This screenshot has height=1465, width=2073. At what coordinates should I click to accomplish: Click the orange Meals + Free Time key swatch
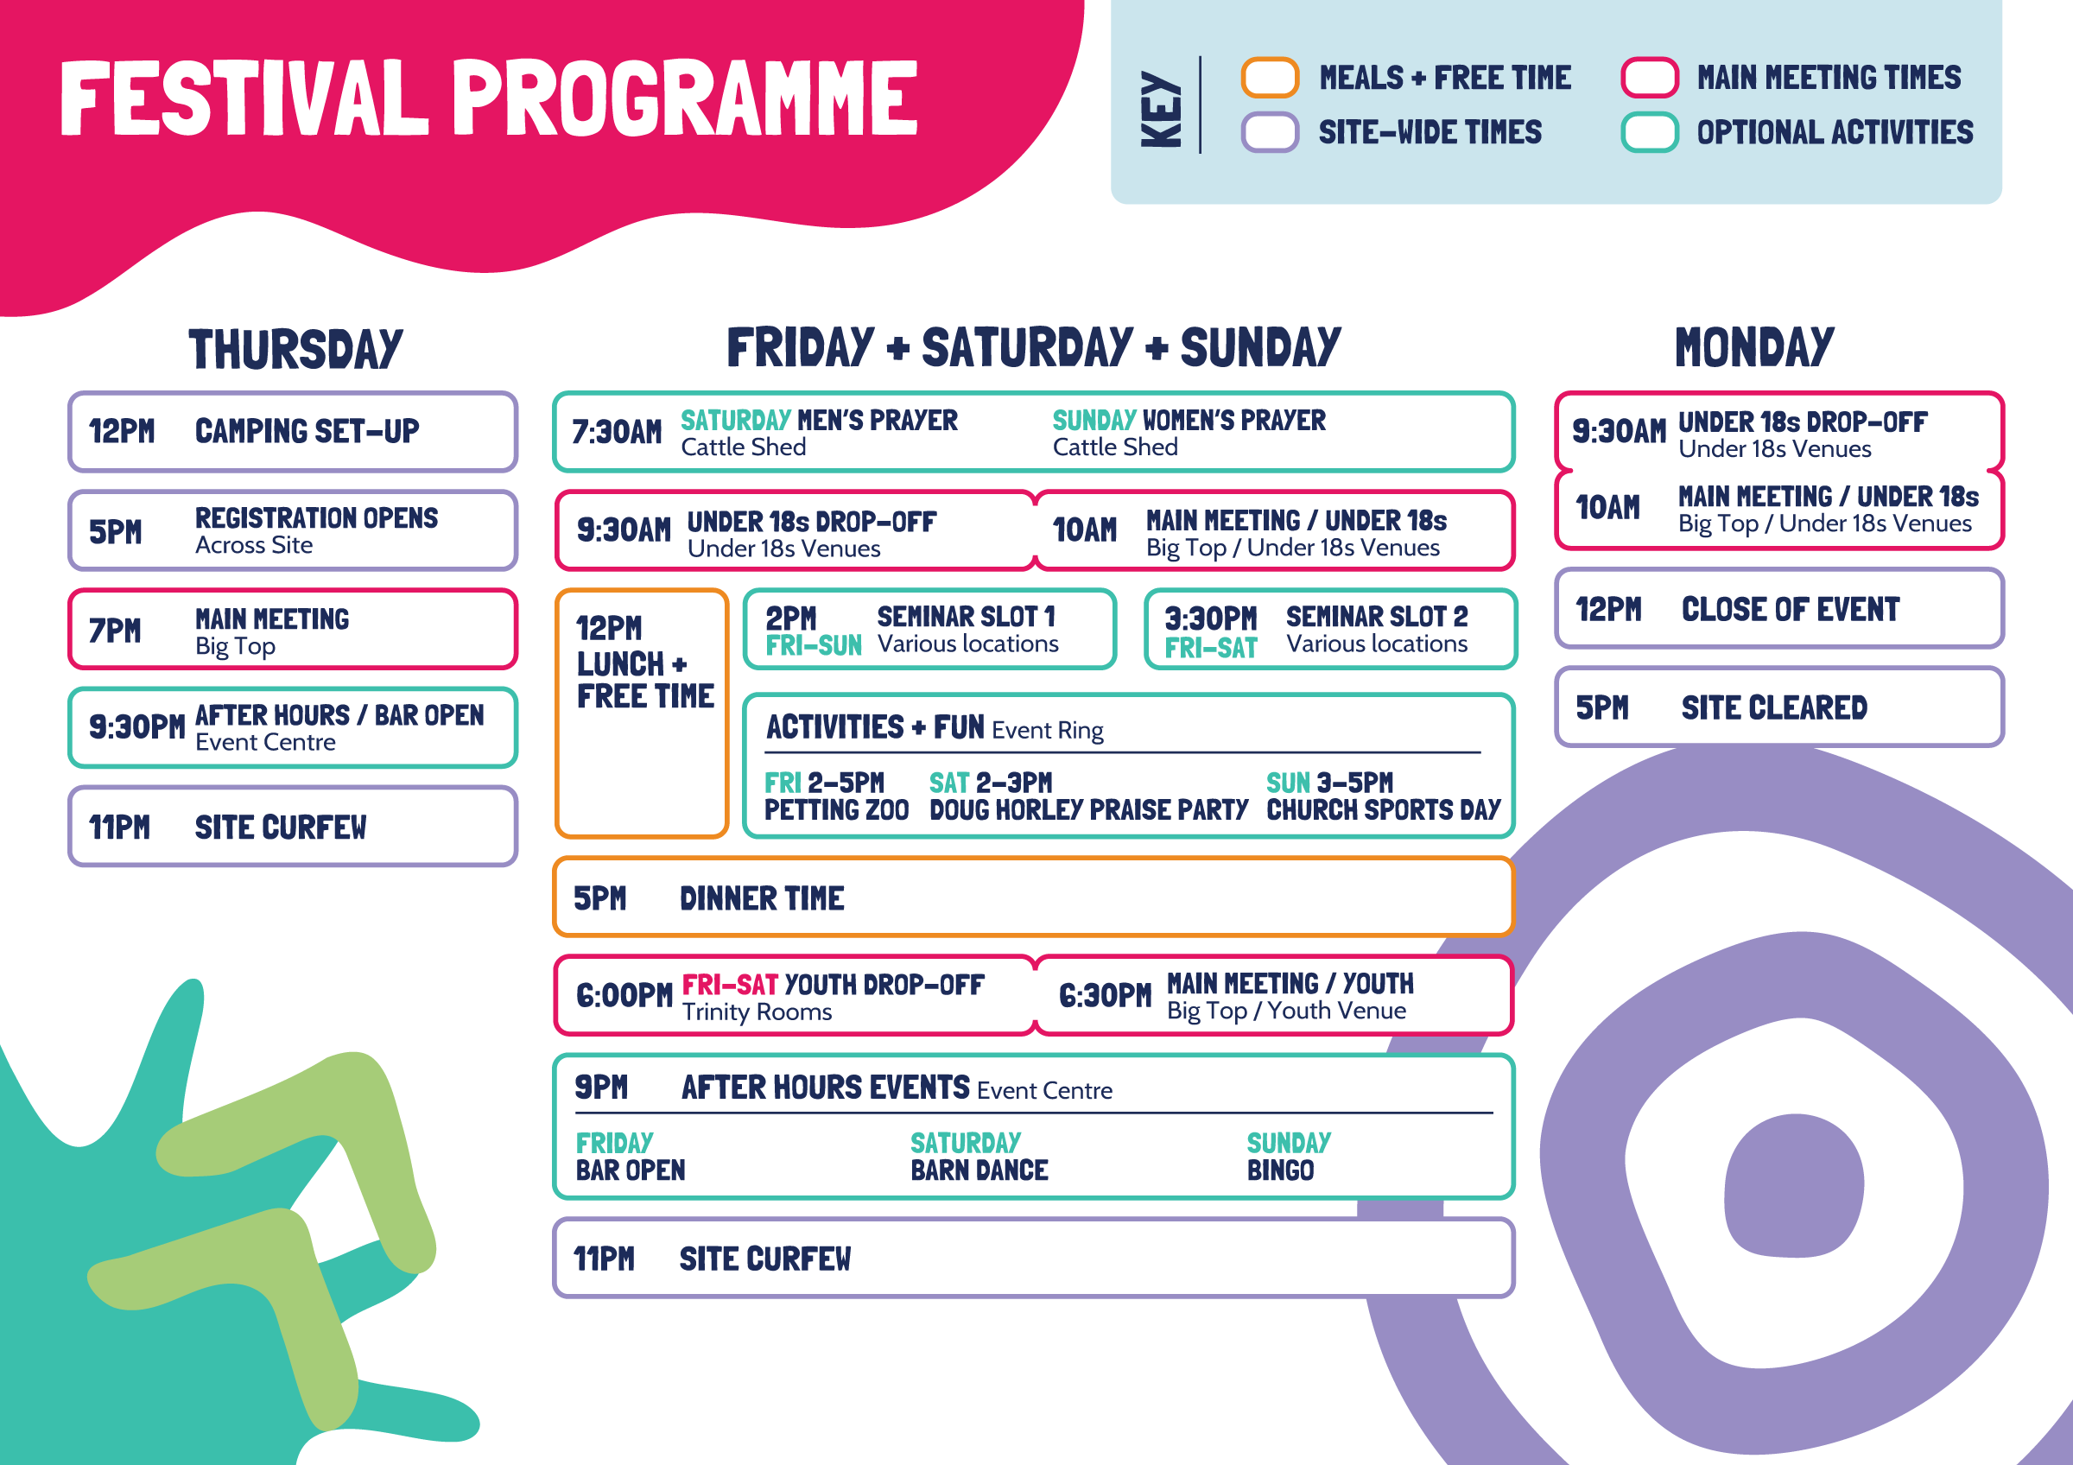pyautogui.click(x=1270, y=78)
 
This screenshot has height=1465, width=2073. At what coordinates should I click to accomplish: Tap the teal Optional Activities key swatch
pyautogui.click(x=1649, y=133)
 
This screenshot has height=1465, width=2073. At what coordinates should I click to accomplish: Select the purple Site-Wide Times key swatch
pyautogui.click(x=1270, y=133)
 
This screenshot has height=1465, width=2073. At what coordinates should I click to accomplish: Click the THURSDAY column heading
pyautogui.click(x=295, y=349)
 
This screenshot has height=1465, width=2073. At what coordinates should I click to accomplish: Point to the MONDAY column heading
pyautogui.click(x=1754, y=347)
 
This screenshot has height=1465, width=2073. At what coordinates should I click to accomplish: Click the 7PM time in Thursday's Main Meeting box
pyautogui.click(x=115, y=630)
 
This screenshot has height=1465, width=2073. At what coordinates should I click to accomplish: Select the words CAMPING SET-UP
pyautogui.click(x=307, y=431)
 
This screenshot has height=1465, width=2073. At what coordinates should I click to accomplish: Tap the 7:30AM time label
pyautogui.click(x=617, y=433)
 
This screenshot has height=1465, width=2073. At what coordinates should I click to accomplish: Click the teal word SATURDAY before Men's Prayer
pyautogui.click(x=735, y=421)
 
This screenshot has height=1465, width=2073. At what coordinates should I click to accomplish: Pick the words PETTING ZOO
pyautogui.click(x=836, y=809)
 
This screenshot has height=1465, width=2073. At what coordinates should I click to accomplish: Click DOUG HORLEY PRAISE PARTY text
pyautogui.click(x=1089, y=809)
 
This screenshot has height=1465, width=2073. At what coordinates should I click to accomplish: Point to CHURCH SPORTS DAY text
pyautogui.click(x=1383, y=809)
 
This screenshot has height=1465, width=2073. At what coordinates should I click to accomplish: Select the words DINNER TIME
pyautogui.click(x=762, y=899)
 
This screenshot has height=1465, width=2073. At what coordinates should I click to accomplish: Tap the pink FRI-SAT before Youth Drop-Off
pyautogui.click(x=730, y=985)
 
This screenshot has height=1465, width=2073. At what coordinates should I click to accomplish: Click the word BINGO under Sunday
pyautogui.click(x=1280, y=1170)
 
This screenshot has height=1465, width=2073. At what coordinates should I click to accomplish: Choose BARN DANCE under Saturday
pyautogui.click(x=979, y=1170)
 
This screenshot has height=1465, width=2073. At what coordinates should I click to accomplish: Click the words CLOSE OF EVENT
pyautogui.click(x=1791, y=610)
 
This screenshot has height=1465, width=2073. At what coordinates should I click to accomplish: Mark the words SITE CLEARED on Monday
pyautogui.click(x=1774, y=708)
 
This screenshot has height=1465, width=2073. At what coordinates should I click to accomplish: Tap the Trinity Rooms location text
pyautogui.click(x=757, y=1012)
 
